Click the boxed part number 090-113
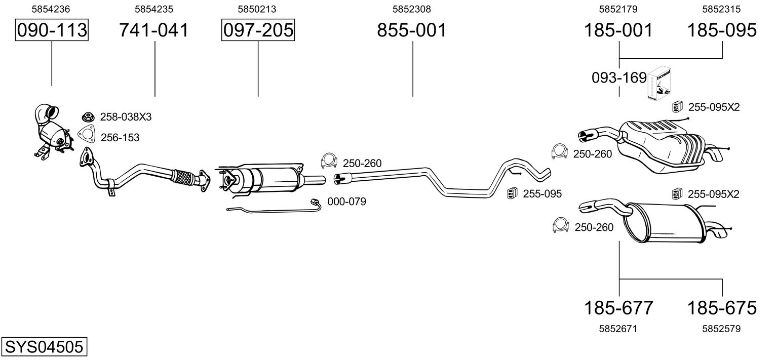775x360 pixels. click(52, 30)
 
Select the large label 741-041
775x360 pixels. click(154, 30)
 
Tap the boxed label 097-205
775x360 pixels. click(258, 30)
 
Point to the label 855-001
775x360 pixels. click(412, 30)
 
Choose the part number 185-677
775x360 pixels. click(619, 307)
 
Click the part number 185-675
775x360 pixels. click(722, 307)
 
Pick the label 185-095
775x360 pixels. click(722, 30)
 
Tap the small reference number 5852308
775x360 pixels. click(412, 9)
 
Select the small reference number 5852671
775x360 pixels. click(618, 329)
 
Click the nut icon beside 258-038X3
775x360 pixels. click(89, 117)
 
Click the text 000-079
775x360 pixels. click(346, 202)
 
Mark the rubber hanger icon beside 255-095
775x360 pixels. click(512, 193)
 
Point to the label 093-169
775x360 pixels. click(619, 78)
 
